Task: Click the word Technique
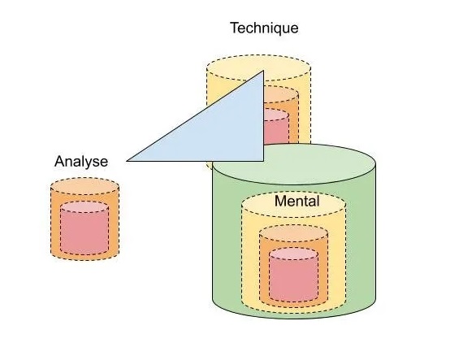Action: tap(264, 28)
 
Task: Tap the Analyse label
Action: tap(81, 161)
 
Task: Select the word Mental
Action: tap(297, 201)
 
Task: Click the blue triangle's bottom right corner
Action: tap(265, 161)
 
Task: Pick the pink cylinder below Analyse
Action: tap(84, 232)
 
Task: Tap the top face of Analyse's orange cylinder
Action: tap(84, 185)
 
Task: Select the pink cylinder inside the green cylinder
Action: tap(293, 276)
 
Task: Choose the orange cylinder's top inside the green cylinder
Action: tap(293, 235)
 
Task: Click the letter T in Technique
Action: tap(235, 28)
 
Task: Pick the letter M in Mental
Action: tap(280, 201)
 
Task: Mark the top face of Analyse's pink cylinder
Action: tap(84, 206)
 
